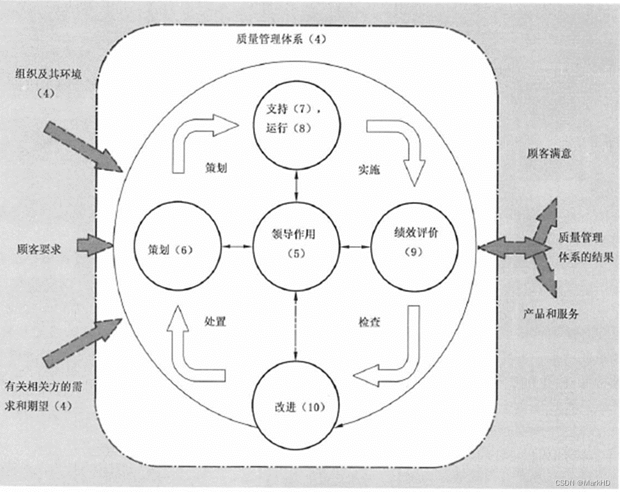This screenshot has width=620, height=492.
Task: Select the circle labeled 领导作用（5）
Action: pos(295,243)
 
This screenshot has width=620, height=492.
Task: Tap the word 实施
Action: pos(367,170)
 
